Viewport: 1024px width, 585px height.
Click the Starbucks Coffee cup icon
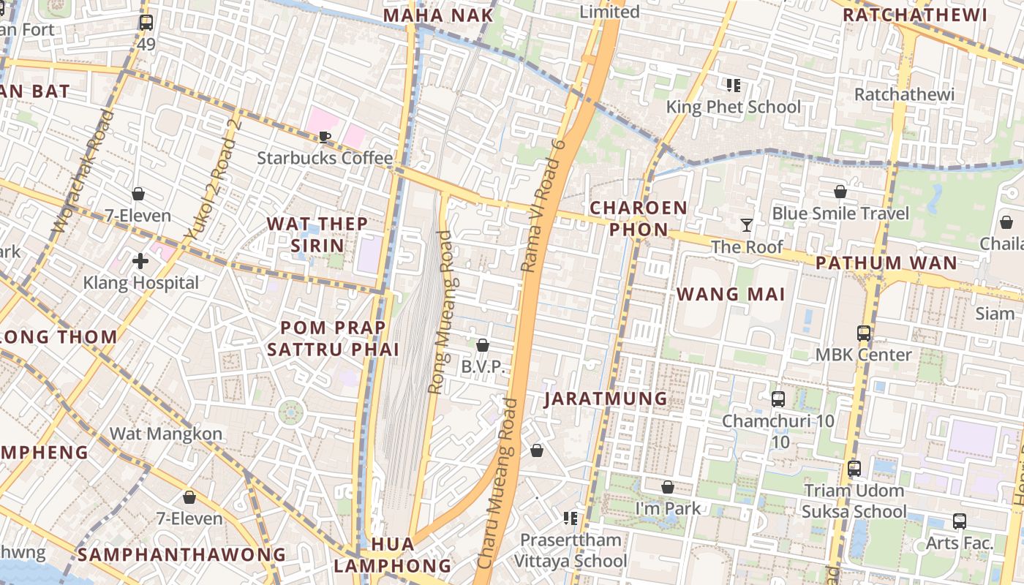point(325,137)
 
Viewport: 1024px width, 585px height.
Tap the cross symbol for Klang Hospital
point(140,260)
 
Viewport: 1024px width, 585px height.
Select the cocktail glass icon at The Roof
point(747,225)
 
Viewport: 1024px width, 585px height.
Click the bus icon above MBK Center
point(864,333)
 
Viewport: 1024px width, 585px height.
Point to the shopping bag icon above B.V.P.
point(483,345)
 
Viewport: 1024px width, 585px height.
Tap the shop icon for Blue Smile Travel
point(840,192)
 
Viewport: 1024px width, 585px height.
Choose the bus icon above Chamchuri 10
point(778,399)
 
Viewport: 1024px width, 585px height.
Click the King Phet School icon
point(734,86)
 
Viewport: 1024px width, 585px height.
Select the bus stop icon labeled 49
point(146,23)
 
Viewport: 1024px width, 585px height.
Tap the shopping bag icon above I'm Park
point(668,487)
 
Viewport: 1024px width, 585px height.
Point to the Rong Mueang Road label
point(445,312)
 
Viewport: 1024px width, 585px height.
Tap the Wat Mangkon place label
point(166,434)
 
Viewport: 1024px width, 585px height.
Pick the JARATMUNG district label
point(606,399)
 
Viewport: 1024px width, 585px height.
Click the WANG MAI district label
point(731,294)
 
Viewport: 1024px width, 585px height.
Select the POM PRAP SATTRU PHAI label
point(333,338)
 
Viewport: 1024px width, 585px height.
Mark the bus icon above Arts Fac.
point(960,521)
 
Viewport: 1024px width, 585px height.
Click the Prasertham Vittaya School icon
point(571,518)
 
